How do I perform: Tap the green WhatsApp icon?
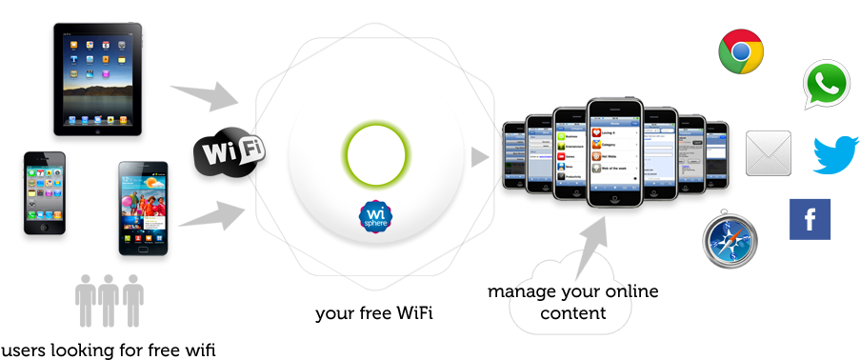point(826,85)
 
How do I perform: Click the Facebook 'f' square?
point(810,219)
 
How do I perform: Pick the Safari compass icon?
point(730,239)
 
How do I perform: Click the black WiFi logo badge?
point(230,152)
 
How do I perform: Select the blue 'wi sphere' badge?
point(376,216)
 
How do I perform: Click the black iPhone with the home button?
point(45,190)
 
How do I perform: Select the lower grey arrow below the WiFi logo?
point(207,216)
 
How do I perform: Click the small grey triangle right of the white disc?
point(480,155)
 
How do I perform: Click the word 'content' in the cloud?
point(572,312)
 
